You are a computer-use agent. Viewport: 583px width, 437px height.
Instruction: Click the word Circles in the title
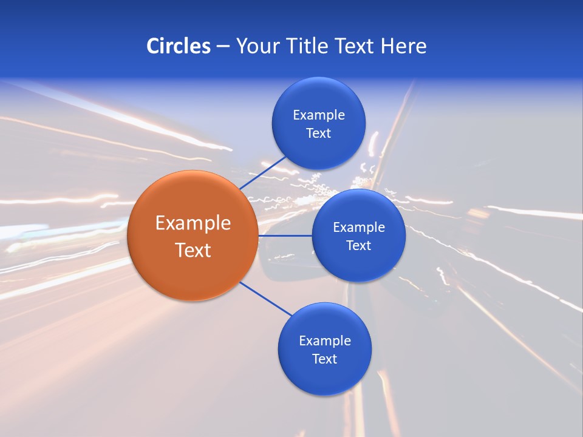pyautogui.click(x=178, y=46)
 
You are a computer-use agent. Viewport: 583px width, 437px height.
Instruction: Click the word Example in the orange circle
pyautogui.click(x=193, y=223)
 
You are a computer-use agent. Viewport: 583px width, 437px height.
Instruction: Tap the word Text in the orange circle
pyautogui.click(x=193, y=250)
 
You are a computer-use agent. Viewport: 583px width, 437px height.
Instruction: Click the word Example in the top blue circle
pyautogui.click(x=319, y=115)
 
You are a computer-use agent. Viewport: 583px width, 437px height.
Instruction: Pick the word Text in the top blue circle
pyautogui.click(x=319, y=134)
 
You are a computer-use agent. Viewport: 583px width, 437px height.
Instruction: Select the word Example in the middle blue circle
pyautogui.click(x=359, y=228)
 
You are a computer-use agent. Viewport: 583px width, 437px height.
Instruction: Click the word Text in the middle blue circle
pyautogui.click(x=359, y=246)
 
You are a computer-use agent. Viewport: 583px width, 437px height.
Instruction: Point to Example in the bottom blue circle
pyautogui.click(x=325, y=341)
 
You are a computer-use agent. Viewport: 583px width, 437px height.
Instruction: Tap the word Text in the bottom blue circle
pyautogui.click(x=325, y=359)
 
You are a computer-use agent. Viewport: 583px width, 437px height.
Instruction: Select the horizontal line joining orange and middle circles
pyautogui.click(x=285, y=235)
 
